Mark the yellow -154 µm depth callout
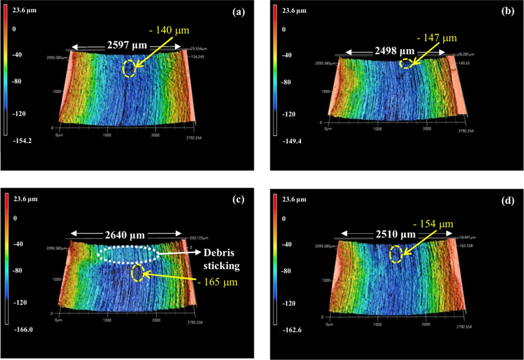pyautogui.click(x=434, y=224)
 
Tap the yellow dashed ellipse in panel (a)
pyautogui.click(x=129, y=68)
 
